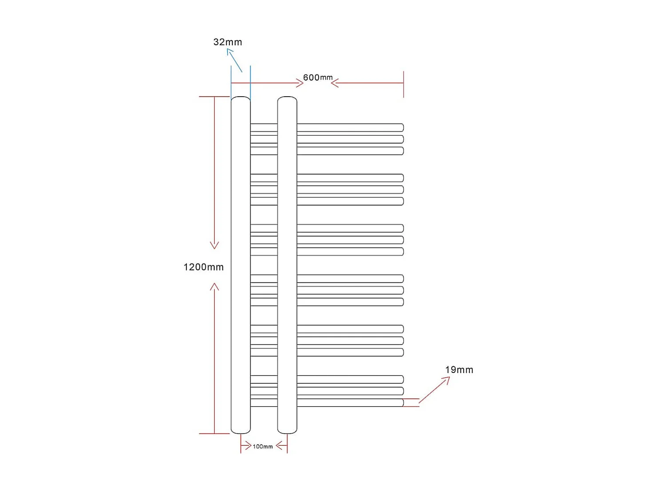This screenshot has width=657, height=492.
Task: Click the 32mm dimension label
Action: coord(228,42)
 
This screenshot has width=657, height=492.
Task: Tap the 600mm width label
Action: coord(318,78)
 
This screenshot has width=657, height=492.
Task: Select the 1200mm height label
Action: coord(204,267)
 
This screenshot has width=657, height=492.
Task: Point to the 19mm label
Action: coord(459,370)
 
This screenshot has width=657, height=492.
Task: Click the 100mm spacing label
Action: coord(263,446)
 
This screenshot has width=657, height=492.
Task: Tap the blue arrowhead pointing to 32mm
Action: coord(229,51)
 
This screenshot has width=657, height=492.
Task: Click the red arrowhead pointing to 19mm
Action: coord(447,379)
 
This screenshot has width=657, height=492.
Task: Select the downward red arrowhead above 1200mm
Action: coord(214,245)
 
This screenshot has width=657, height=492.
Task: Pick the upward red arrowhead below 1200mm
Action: coord(214,287)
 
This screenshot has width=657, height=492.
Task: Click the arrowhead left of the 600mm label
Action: coord(300,83)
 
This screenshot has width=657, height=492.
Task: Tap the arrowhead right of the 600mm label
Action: coord(334,83)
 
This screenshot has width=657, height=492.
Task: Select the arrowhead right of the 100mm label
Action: coord(279,445)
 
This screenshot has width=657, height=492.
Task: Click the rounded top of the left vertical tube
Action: coord(241,98)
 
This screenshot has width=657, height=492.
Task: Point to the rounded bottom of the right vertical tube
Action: coord(287,431)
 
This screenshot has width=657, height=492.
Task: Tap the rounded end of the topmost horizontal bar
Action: coord(402,128)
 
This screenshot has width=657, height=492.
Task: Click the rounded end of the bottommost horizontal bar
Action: coord(402,402)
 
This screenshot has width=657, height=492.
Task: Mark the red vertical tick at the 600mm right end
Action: coord(403,84)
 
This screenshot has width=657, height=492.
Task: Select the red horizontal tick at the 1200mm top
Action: coord(214,97)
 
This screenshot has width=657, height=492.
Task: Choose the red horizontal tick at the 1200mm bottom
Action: coord(214,433)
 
